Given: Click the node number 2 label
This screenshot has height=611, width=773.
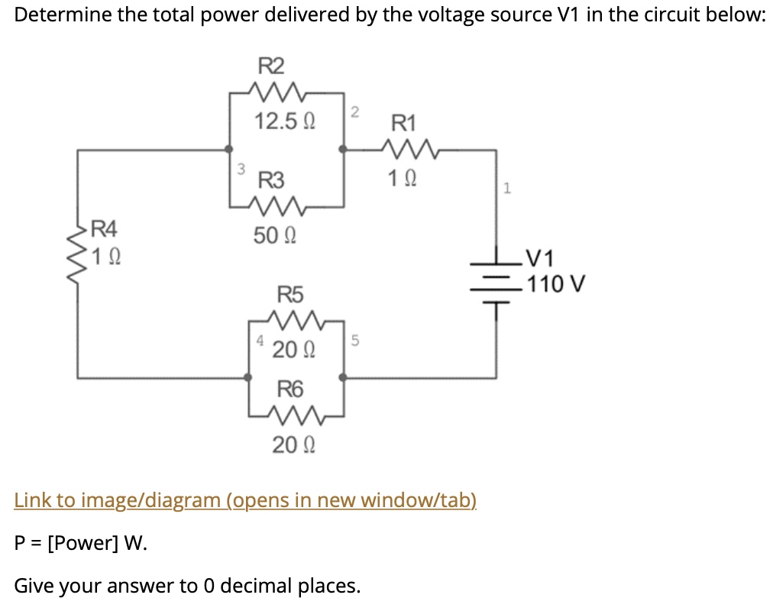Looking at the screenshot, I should tap(354, 113).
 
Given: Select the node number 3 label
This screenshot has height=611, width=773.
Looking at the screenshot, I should tap(241, 167).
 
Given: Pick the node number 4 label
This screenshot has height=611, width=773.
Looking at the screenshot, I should tap(260, 340).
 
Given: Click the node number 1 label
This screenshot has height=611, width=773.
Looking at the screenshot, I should tap(506, 187).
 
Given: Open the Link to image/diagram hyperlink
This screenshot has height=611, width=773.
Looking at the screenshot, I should tap(245, 500).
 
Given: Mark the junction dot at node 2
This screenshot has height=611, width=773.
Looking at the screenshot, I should tap(343, 150).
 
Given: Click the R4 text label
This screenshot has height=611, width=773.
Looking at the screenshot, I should tap(103, 228).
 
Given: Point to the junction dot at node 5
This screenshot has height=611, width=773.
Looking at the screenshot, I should tap(343, 377).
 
